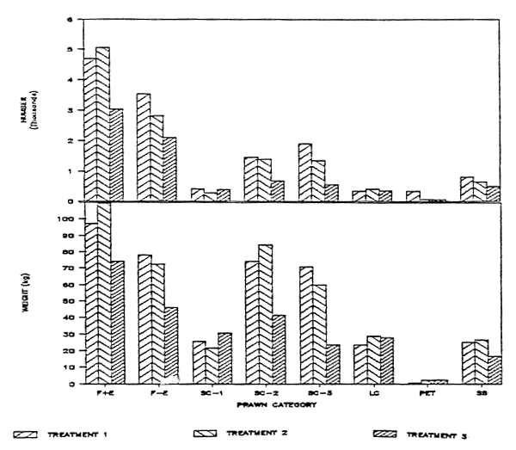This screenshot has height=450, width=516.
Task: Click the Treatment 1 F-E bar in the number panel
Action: coord(143,147)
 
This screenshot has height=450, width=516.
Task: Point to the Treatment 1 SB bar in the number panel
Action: coord(467,188)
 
